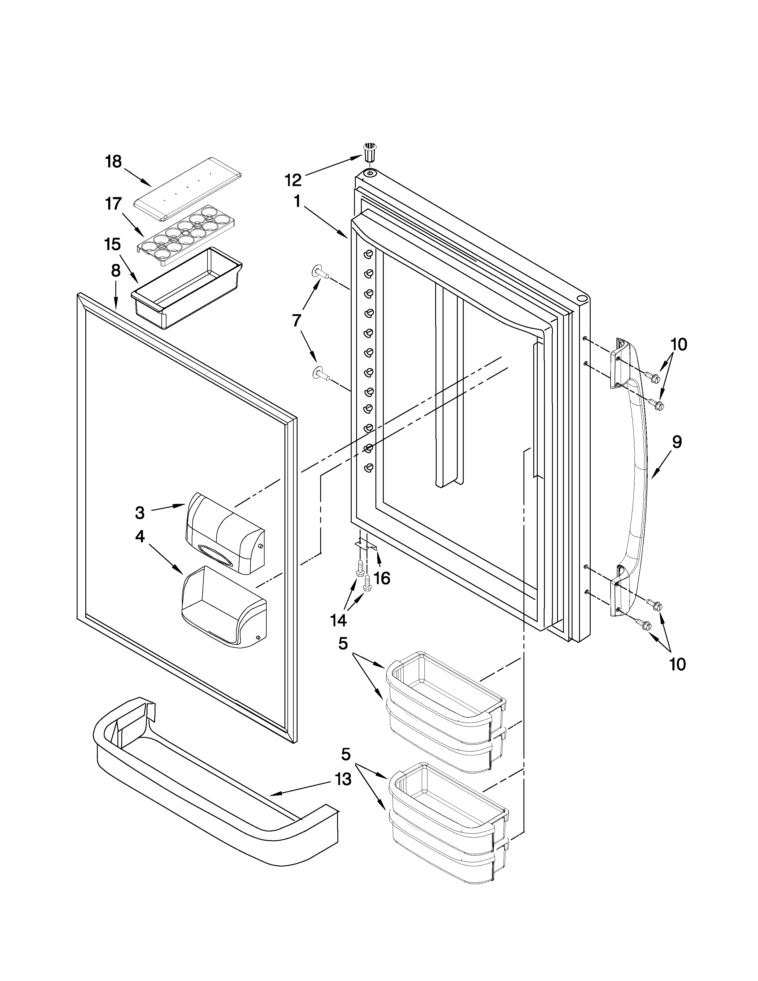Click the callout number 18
point(113,162)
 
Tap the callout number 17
point(113,205)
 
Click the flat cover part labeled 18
point(188,189)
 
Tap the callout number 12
point(293,180)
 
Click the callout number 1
point(297,201)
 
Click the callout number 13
point(343,779)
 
